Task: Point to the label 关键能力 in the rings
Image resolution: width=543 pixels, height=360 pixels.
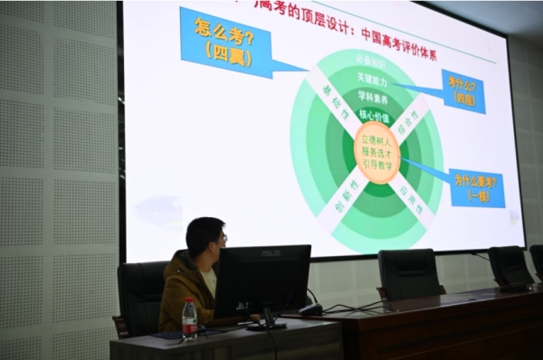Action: click(373, 82)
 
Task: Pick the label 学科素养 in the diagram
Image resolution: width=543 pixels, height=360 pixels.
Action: click(374, 99)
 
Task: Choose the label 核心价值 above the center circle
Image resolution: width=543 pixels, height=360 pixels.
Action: click(375, 115)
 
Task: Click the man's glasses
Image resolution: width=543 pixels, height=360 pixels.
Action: click(222, 238)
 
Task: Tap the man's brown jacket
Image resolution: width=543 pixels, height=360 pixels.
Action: click(184, 289)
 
